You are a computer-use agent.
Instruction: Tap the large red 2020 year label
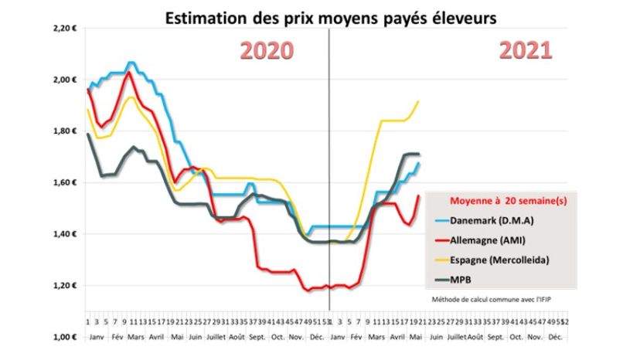265,51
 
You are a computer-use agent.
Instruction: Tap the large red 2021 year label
526,51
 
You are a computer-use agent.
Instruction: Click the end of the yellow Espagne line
418,101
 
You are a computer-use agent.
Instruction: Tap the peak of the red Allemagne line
129,73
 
